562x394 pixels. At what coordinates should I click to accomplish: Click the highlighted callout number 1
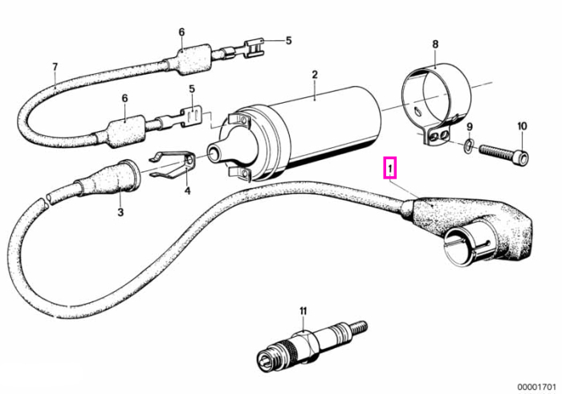click(390, 167)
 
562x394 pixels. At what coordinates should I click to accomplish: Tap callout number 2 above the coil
click(315, 75)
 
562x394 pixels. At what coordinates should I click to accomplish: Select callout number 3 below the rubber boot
click(120, 212)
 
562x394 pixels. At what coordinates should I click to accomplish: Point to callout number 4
click(187, 191)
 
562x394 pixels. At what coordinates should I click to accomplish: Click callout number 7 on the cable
click(55, 67)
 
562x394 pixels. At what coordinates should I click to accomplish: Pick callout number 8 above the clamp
click(435, 44)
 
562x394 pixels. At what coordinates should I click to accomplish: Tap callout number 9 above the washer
click(470, 127)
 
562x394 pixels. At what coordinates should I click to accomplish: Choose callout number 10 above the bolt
click(522, 126)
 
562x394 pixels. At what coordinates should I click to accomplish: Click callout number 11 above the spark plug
click(303, 310)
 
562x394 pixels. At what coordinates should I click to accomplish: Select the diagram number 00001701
click(536, 388)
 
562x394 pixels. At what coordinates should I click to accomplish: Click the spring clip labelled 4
click(173, 164)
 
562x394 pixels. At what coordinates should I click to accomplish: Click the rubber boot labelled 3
click(108, 179)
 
